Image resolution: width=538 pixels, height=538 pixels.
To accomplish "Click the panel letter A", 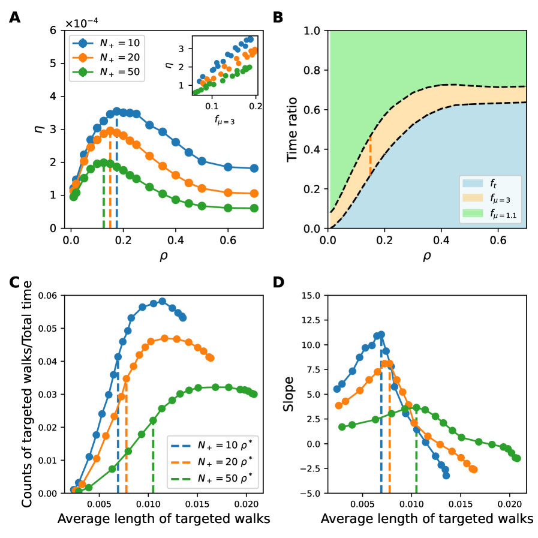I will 14,17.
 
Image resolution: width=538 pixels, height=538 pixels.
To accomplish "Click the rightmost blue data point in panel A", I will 254,169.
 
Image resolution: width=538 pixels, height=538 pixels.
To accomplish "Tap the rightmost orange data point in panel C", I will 210,357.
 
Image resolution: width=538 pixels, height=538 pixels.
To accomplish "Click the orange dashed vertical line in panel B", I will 370,156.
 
